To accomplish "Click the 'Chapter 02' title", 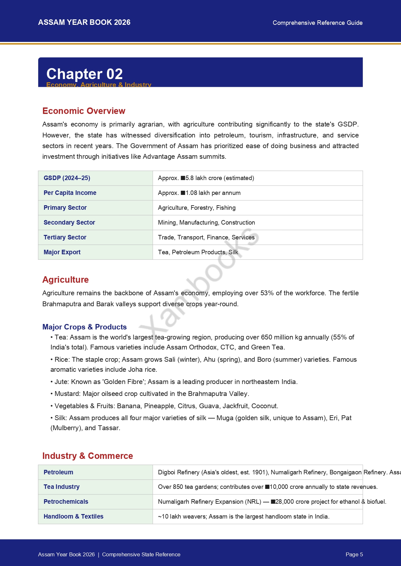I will click(x=84, y=74).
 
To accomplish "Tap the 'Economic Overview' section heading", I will click(x=84, y=111).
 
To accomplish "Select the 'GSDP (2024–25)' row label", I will click(x=67, y=178).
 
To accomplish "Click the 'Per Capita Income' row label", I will click(x=70, y=193).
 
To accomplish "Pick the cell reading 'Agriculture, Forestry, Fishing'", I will click(x=196, y=208).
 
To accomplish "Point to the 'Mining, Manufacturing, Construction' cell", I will click(x=206, y=223).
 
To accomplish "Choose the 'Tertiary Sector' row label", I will click(x=65, y=238).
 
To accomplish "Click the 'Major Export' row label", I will click(x=62, y=252).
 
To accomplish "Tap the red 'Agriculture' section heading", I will click(x=66, y=280).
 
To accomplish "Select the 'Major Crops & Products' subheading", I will click(x=84, y=327).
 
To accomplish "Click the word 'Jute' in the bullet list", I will click(x=61, y=382).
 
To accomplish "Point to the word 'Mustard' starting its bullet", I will click(x=67, y=394).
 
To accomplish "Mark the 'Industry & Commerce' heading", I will click(x=88, y=456).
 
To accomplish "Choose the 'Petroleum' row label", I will click(x=58, y=472).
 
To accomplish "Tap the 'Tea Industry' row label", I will click(x=61, y=487).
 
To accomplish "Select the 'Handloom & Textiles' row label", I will click(x=73, y=517).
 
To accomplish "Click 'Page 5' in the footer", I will click(x=354, y=554).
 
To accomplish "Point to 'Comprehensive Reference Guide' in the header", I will click(x=317, y=23).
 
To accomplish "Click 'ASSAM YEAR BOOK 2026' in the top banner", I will click(x=84, y=22).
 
